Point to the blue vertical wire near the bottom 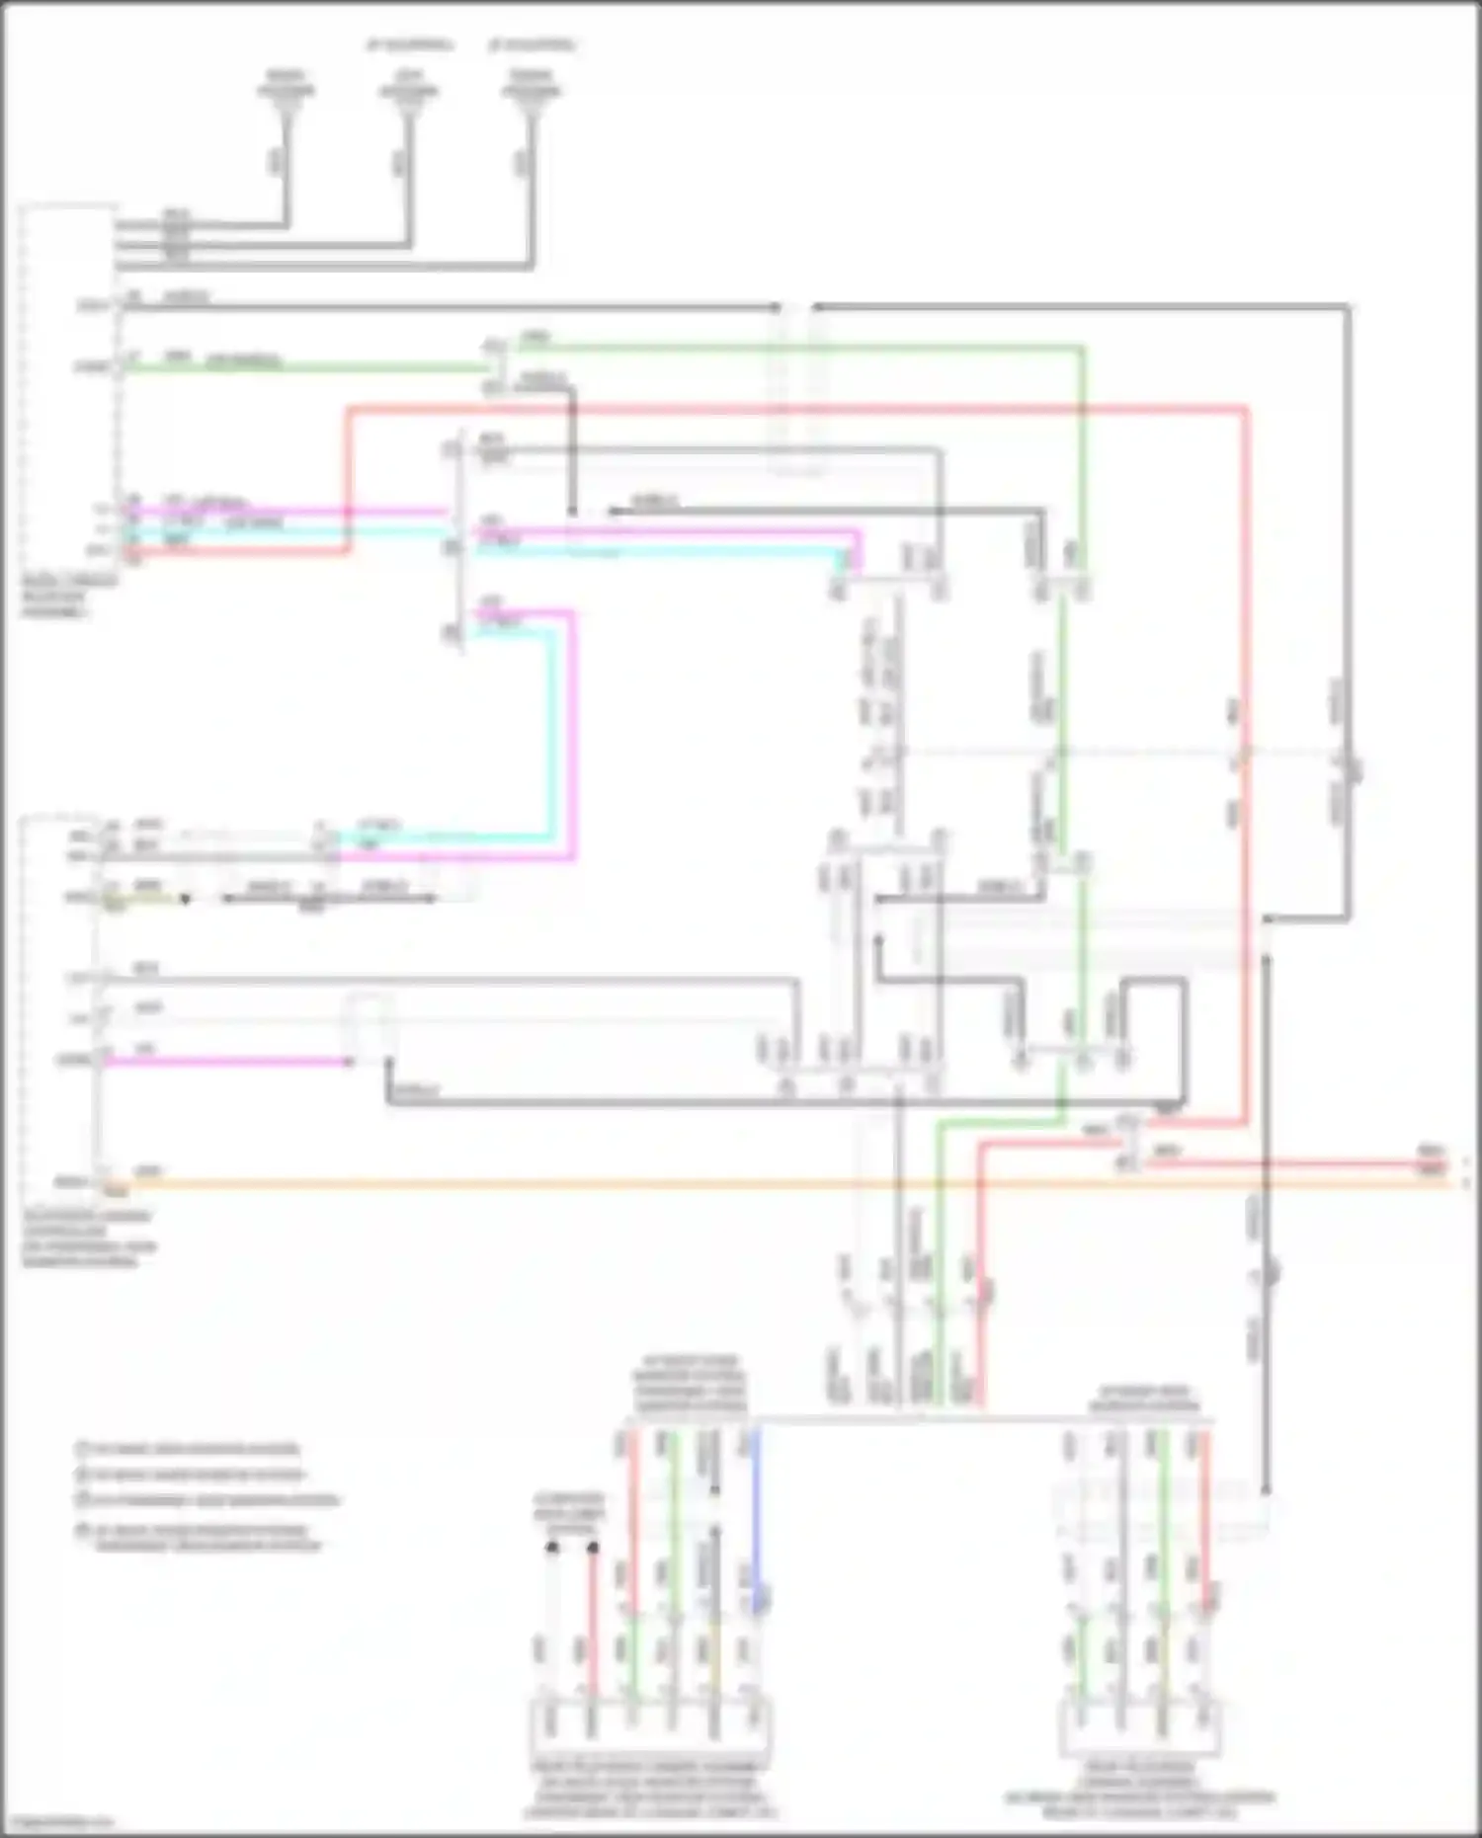(756, 1511)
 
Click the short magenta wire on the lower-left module (227, 1062)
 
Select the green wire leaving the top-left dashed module (296, 367)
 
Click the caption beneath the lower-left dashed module (89, 1239)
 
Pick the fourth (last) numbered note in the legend (207, 1538)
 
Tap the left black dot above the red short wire (552, 1548)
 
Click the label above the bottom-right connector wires (1144, 1398)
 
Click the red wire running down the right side (1246, 790)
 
